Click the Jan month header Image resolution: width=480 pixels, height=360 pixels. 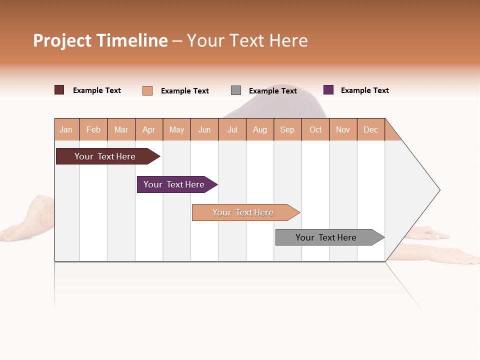pyautogui.click(x=66, y=129)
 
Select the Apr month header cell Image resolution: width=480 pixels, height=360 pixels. pyautogui.click(x=149, y=129)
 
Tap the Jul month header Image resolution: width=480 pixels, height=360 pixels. pyautogui.click(x=232, y=129)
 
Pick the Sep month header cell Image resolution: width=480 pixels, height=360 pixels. pyautogui.click(x=287, y=129)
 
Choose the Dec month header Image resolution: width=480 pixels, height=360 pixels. pyautogui.click(x=371, y=129)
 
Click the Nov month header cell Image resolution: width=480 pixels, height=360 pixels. pyautogui.click(x=343, y=129)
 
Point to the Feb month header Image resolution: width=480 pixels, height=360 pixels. pyautogui.click(x=93, y=129)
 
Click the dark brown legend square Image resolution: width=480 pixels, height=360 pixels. pyautogui.click(x=59, y=90)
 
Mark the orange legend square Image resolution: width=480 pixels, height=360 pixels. pyautogui.click(x=147, y=90)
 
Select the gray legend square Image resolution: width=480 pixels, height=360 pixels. pyautogui.click(x=236, y=90)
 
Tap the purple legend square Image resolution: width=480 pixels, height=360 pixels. pyautogui.click(x=328, y=90)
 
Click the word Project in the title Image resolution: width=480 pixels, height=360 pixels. pyautogui.click(x=62, y=40)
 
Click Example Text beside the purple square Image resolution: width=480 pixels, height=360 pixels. pyautogui.click(x=364, y=90)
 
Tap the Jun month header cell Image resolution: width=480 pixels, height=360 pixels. pyautogui.click(x=204, y=129)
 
